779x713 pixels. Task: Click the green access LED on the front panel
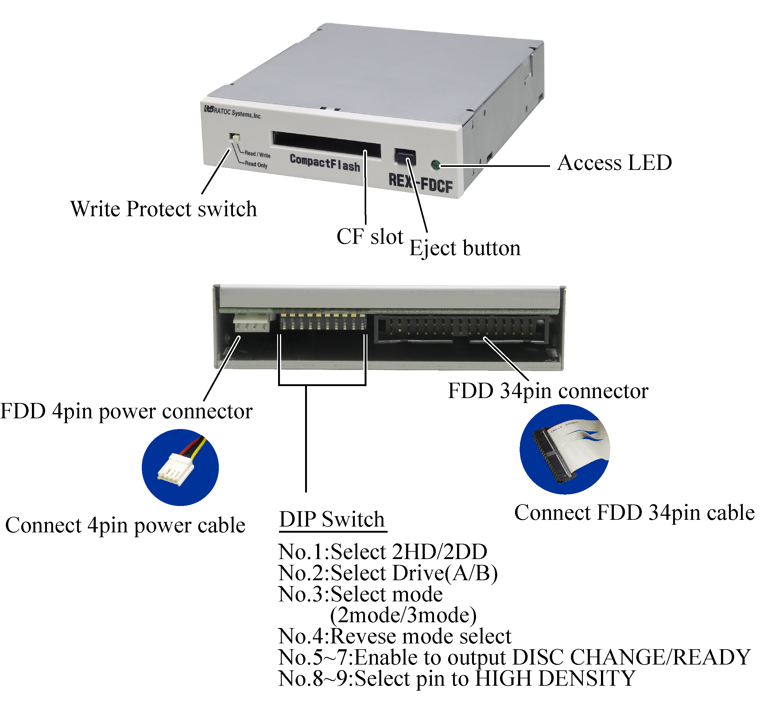pyautogui.click(x=436, y=165)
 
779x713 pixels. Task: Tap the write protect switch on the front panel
pyautogui.click(x=234, y=137)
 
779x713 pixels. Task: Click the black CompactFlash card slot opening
pyautogui.click(x=327, y=144)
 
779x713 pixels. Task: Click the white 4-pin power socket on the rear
pyautogui.click(x=252, y=322)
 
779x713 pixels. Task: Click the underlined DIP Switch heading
pyautogui.click(x=332, y=519)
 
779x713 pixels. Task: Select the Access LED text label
pyautogui.click(x=614, y=163)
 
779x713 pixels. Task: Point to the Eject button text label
pyautogui.click(x=465, y=248)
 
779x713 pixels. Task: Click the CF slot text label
pyautogui.click(x=370, y=237)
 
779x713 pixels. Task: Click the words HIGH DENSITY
pyautogui.click(x=555, y=678)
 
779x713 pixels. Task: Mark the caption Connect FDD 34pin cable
pyautogui.click(x=634, y=513)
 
